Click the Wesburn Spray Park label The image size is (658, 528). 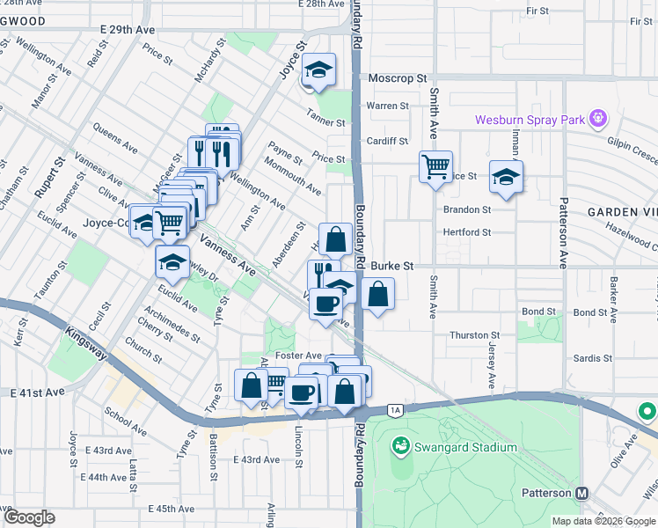click(x=530, y=119)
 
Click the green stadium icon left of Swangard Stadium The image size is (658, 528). click(x=401, y=447)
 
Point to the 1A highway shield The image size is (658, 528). click(x=395, y=409)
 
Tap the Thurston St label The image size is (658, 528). click(x=474, y=335)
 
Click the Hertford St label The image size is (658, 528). click(x=467, y=232)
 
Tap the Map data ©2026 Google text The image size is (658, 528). click(x=603, y=520)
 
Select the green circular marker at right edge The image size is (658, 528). click(x=647, y=411)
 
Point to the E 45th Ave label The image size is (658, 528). click(x=172, y=509)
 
